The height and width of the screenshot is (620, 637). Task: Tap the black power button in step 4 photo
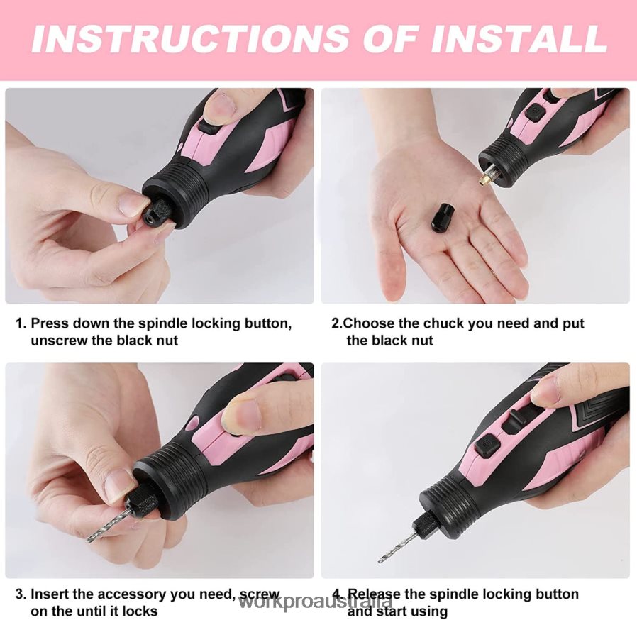coord(488,445)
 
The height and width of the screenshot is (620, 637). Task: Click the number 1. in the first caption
coord(21,323)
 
